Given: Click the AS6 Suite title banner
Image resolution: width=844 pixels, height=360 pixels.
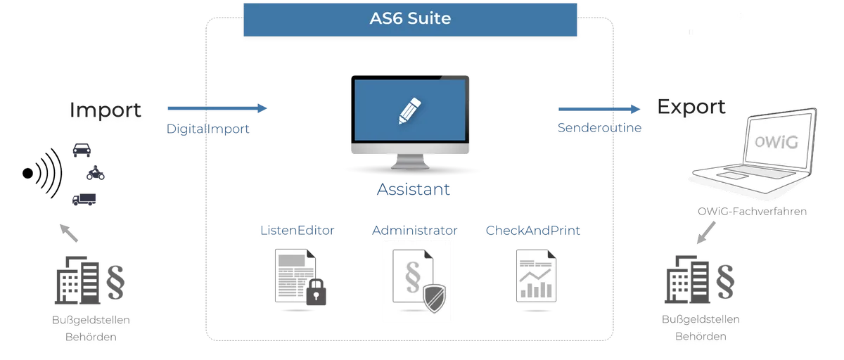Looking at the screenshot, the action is (410, 20).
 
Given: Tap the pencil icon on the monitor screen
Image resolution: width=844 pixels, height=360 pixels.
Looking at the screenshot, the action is (409, 110).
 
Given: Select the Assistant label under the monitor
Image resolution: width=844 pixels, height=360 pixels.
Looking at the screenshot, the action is (414, 189).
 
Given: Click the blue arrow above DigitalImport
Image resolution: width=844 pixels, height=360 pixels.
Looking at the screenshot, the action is (217, 108).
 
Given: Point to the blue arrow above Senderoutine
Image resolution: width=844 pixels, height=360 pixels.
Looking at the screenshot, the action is (599, 109).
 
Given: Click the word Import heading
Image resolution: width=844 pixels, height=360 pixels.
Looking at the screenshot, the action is (105, 110).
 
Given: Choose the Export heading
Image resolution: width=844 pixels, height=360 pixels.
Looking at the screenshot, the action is (691, 107).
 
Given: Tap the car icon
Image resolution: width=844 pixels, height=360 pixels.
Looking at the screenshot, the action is (82, 150).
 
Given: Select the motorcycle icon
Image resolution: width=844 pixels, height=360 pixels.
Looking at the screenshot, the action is (96, 173).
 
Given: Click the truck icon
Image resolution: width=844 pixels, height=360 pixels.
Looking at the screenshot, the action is (84, 199).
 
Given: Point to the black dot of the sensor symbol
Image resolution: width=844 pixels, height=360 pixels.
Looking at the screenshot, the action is (27, 173).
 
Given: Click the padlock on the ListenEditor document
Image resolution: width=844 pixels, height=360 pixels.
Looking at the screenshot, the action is (316, 292).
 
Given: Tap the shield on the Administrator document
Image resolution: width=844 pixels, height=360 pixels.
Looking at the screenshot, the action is (435, 299).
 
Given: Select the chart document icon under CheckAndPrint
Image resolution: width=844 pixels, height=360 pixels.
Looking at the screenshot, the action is (536, 276).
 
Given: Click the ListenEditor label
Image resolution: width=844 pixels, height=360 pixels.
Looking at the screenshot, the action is (298, 230).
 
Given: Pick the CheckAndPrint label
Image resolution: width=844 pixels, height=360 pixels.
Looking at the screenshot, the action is (533, 230).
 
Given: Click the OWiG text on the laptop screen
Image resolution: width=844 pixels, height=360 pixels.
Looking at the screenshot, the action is (776, 142).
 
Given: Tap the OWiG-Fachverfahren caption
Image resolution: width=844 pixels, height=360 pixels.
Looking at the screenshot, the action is (752, 211).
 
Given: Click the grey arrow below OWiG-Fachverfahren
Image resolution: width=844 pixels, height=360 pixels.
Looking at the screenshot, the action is (705, 233).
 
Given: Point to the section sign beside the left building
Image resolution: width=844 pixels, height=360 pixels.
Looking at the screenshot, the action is (115, 283).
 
